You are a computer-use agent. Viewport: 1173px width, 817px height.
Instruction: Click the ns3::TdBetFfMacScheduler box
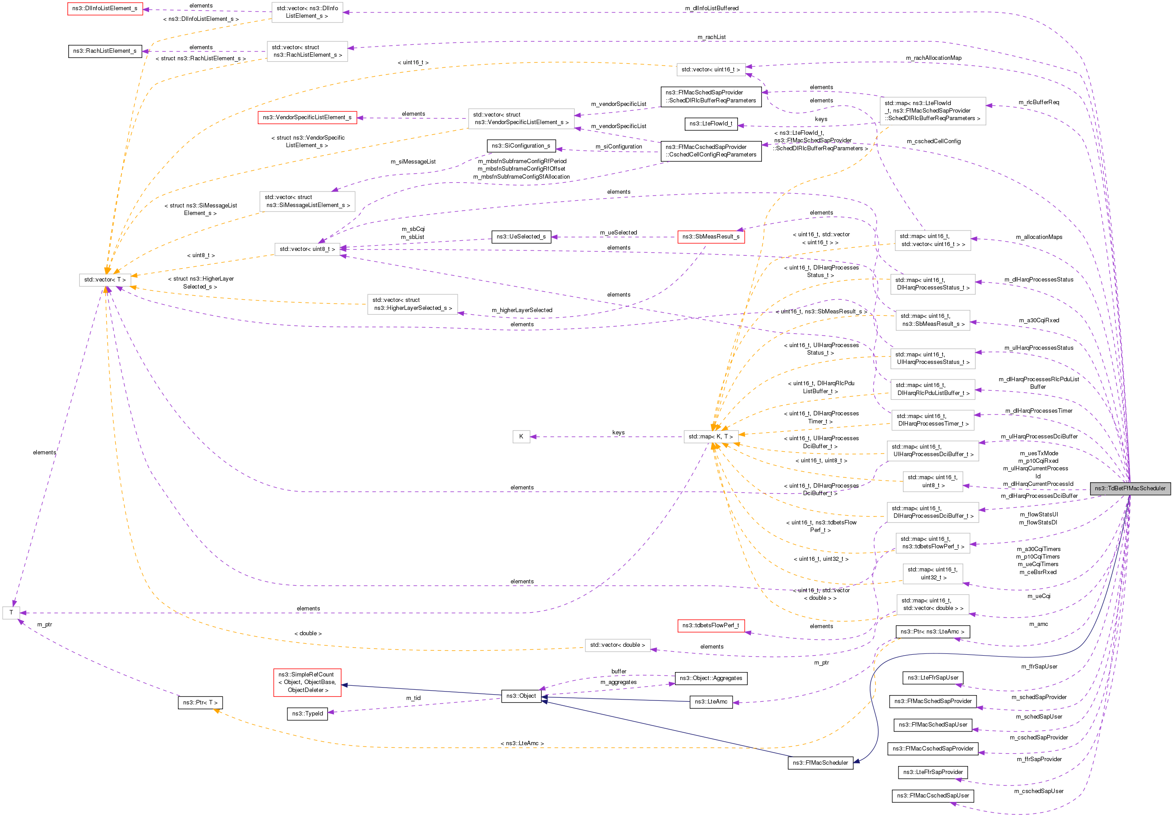(x=1130, y=488)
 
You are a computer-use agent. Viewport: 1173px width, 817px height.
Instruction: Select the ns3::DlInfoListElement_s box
(x=105, y=9)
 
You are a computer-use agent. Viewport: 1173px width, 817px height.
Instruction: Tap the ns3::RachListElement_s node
(x=105, y=51)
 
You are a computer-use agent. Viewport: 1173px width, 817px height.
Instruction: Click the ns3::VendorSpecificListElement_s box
(x=307, y=117)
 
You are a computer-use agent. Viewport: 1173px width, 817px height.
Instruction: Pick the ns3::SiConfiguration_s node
(x=521, y=146)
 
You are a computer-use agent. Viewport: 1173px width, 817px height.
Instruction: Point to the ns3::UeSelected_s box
(x=521, y=236)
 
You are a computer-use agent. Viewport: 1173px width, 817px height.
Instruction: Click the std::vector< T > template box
(x=105, y=280)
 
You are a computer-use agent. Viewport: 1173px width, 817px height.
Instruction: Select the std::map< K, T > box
(x=710, y=437)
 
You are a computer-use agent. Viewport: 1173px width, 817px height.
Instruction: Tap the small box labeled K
(x=521, y=437)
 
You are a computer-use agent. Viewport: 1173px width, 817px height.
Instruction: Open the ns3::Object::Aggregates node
(x=710, y=678)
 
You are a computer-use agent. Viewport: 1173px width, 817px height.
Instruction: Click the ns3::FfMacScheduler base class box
(x=820, y=763)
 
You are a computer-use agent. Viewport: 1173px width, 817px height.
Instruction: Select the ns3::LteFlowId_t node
(x=710, y=124)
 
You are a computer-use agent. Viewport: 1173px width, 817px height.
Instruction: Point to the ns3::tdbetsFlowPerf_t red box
(x=710, y=625)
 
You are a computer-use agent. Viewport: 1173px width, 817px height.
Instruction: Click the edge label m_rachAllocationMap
(x=934, y=58)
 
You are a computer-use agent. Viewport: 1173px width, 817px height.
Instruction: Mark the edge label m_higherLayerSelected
(x=522, y=310)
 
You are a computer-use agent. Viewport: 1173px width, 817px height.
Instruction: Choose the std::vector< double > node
(x=617, y=645)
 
